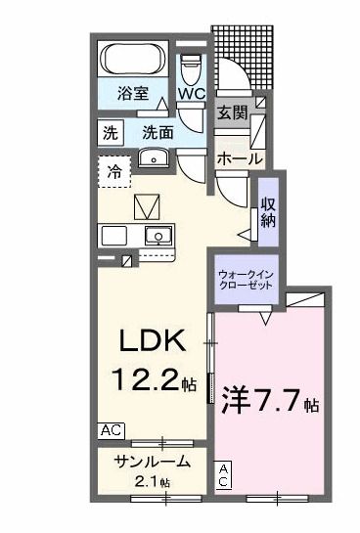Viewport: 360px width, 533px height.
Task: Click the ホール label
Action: (238, 156)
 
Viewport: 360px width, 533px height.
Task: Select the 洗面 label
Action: (158, 131)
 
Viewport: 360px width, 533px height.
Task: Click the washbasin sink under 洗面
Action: (154, 160)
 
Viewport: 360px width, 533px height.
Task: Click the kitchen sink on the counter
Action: (156, 235)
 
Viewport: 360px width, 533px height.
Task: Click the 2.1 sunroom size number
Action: (150, 482)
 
